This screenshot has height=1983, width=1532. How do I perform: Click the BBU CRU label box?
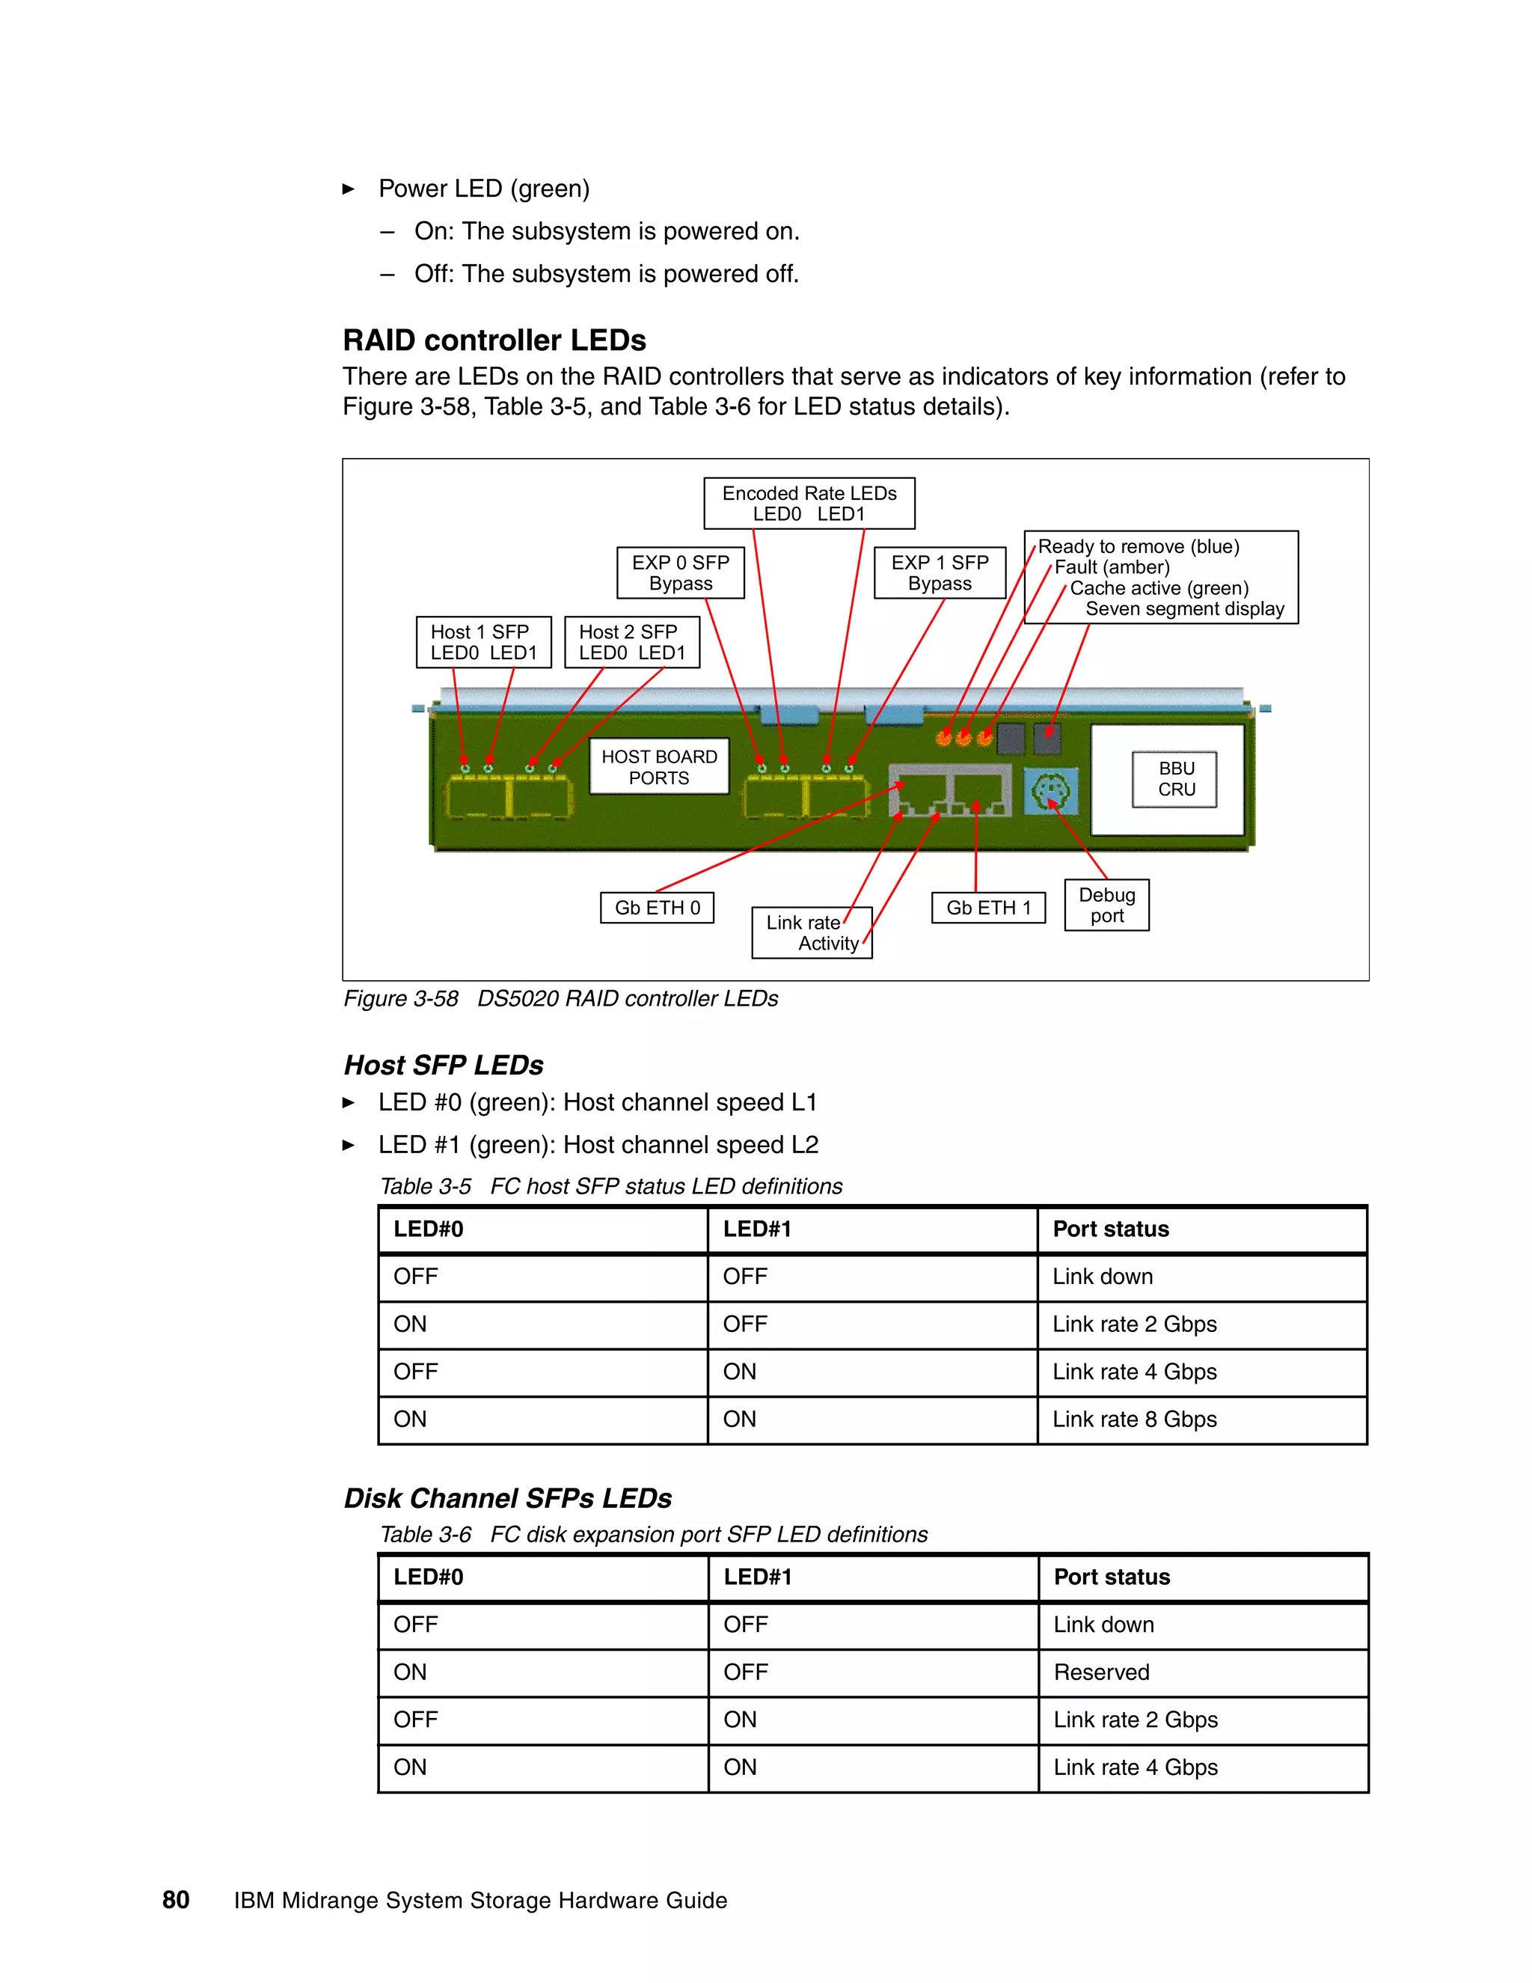[x=1174, y=779]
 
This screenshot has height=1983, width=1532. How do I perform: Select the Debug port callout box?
[x=1106, y=905]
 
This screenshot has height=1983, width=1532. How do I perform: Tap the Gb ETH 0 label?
[x=657, y=907]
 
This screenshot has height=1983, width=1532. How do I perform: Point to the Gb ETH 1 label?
[x=988, y=907]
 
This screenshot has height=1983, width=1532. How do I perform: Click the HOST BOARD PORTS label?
[x=659, y=767]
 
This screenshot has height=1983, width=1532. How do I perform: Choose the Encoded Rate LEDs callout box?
[x=809, y=503]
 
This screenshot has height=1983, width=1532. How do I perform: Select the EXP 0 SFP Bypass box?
[x=680, y=573]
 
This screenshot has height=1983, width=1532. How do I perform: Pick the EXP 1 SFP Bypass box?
[x=940, y=573]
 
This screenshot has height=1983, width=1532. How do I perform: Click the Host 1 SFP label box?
[x=482, y=642]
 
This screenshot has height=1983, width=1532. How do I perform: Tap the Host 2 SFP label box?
[x=631, y=642]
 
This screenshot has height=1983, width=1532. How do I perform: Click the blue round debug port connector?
[x=1050, y=792]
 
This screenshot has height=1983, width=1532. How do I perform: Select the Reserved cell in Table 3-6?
[x=1101, y=1672]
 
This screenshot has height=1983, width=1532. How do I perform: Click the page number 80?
[x=175, y=1901]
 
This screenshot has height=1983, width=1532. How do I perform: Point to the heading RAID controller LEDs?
[x=494, y=340]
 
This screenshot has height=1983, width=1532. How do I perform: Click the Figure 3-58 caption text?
[x=560, y=999]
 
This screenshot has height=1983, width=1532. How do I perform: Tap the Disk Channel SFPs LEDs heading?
[x=507, y=1498]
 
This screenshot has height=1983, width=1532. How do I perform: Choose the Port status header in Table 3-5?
[x=1110, y=1229]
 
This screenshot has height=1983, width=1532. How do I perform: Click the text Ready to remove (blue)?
[x=1138, y=546]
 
